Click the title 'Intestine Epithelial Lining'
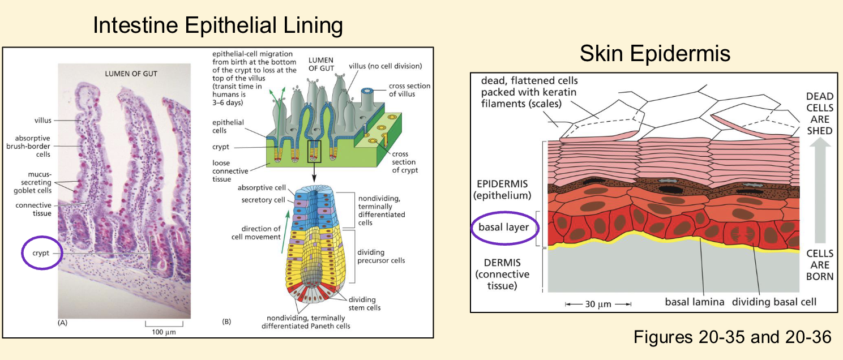click(x=218, y=25)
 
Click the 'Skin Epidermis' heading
click(x=655, y=54)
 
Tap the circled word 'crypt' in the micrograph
click(x=48, y=254)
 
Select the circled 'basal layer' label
click(x=504, y=228)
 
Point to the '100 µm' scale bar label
click(x=164, y=331)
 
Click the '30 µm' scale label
click(x=598, y=304)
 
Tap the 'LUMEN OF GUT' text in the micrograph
click(x=131, y=74)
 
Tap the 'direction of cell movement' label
click(x=260, y=233)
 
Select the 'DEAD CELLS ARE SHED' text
click(x=819, y=114)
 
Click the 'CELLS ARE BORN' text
click(x=819, y=265)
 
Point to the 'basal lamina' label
click(x=694, y=302)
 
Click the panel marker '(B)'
click(x=226, y=323)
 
